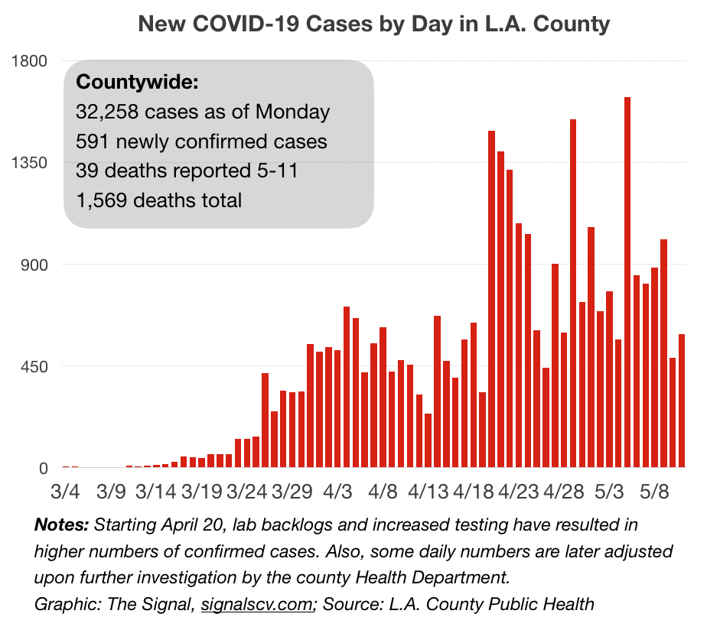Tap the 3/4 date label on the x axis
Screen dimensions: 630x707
65,489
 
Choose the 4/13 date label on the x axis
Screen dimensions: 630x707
429,489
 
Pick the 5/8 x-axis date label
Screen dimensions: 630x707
656,489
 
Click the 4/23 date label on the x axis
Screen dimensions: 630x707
520,489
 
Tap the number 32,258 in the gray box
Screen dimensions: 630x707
107,112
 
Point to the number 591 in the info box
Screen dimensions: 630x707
91,141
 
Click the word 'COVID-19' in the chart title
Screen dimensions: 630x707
239,24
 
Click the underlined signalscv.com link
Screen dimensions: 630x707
258,604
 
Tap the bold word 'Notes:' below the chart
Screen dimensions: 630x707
62,526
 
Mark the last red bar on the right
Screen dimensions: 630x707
682,401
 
